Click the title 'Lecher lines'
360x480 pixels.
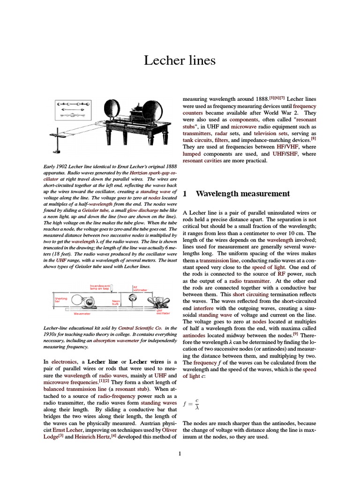click(x=180, y=60)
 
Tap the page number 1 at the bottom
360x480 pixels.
click(x=180, y=453)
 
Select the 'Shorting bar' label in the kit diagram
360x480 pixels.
click(x=61, y=300)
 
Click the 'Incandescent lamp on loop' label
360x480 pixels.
click(x=99, y=287)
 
